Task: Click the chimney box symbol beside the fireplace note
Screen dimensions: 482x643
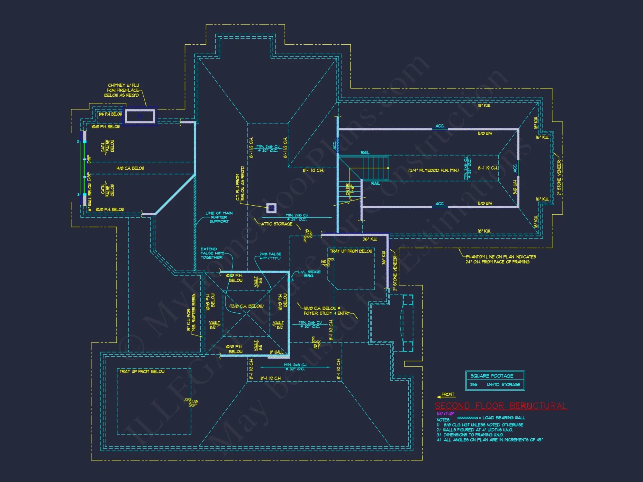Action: pos(140,116)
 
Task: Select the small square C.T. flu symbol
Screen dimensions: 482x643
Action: pos(271,208)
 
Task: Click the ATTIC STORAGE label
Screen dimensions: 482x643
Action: pos(276,224)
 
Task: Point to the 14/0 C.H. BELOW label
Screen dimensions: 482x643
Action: pos(130,168)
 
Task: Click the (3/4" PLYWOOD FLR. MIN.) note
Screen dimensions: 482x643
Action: pos(433,170)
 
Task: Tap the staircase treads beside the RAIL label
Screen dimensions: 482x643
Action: pos(375,167)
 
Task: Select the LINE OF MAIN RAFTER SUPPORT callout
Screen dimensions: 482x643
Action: pos(219,217)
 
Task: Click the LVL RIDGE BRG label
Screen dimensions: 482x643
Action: pos(309,274)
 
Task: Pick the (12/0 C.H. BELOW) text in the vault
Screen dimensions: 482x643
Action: pos(247,306)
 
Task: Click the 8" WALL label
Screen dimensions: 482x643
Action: pos(276,352)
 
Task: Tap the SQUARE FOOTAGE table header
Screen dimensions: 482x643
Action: pos(492,376)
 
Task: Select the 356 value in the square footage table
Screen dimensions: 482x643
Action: pos(474,385)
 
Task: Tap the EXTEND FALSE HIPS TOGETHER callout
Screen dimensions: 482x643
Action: pos(212,253)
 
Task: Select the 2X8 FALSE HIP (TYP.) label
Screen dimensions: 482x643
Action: pos(270,256)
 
